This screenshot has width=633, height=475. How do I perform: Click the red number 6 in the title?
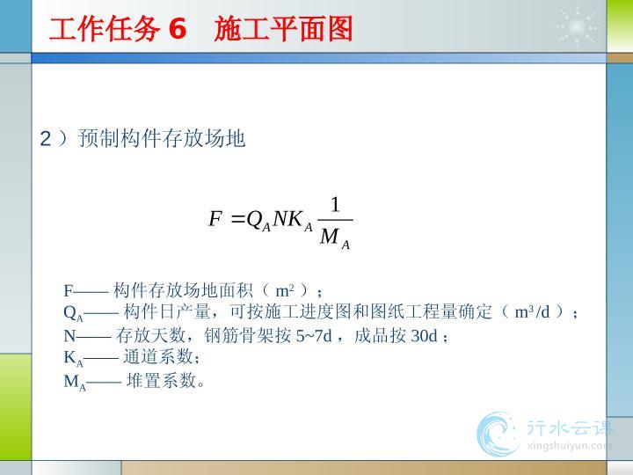pyautogui.click(x=178, y=29)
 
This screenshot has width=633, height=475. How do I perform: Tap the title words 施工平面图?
pyautogui.click(x=283, y=29)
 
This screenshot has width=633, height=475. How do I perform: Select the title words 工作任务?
pyautogui.click(x=104, y=29)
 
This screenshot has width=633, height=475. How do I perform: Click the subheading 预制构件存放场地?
pyautogui.click(x=162, y=139)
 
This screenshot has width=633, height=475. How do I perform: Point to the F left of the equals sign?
pyautogui.click(x=215, y=219)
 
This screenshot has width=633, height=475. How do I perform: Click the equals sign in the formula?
pyautogui.click(x=237, y=220)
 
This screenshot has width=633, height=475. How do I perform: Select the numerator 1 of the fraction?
pyautogui.click(x=335, y=205)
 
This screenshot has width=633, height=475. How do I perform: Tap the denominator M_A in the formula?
pyautogui.click(x=335, y=238)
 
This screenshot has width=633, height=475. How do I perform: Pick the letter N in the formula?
pyautogui.click(x=280, y=219)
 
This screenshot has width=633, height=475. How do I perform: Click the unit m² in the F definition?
pyautogui.click(x=285, y=290)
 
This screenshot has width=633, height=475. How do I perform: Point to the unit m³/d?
pyautogui.click(x=532, y=311)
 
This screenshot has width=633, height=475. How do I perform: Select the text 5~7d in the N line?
pyautogui.click(x=314, y=336)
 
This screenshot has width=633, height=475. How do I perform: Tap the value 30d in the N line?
pyautogui.click(x=424, y=336)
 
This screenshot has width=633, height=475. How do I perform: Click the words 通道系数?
pyautogui.click(x=158, y=356)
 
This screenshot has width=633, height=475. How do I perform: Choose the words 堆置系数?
pyautogui.click(x=162, y=380)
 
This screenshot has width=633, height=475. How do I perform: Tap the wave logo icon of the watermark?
pyautogui.click(x=498, y=435)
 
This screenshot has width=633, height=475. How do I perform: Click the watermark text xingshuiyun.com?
pyautogui.click(x=569, y=446)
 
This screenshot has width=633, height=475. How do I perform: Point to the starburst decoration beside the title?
pyautogui.click(x=577, y=26)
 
